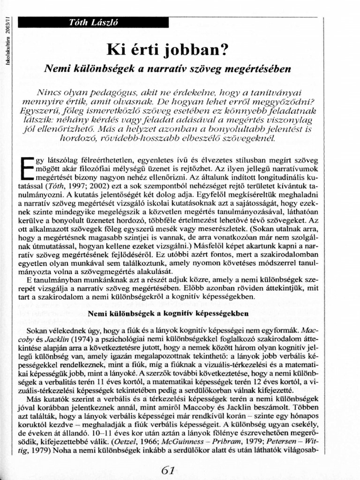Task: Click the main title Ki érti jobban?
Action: pyautogui.click(x=167, y=49)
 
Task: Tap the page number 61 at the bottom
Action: pyautogui.click(x=168, y=470)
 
